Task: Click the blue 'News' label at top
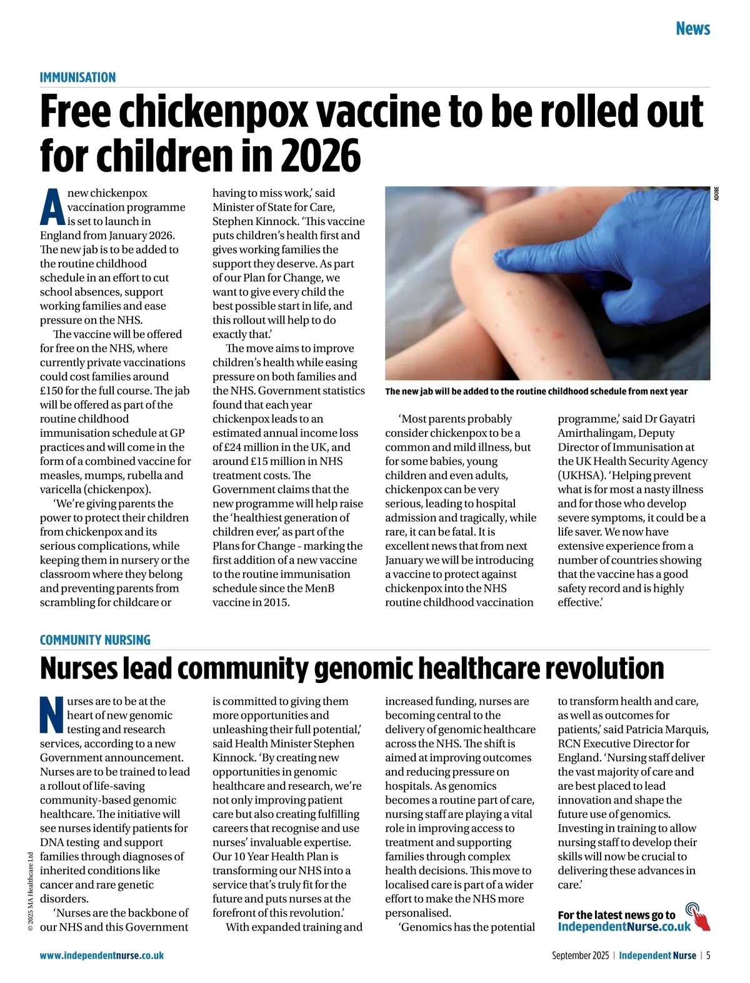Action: pyautogui.click(x=692, y=29)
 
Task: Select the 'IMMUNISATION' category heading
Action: pyautogui.click(x=77, y=77)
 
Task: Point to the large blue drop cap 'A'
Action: pyautogui.click(x=52, y=207)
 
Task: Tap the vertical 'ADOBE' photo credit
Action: pyautogui.click(x=716, y=194)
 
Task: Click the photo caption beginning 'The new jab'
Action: pyautogui.click(x=536, y=391)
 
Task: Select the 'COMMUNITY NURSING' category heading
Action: pyautogui.click(x=95, y=640)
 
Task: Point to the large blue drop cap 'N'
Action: pyautogui.click(x=52, y=715)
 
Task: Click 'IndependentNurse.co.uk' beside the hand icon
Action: pyautogui.click(x=624, y=926)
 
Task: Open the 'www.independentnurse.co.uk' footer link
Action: pyautogui.click(x=102, y=956)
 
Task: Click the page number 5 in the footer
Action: pyautogui.click(x=708, y=956)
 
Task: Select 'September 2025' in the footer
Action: pyautogui.click(x=580, y=956)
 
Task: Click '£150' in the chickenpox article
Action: pyautogui.click(x=53, y=391)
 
